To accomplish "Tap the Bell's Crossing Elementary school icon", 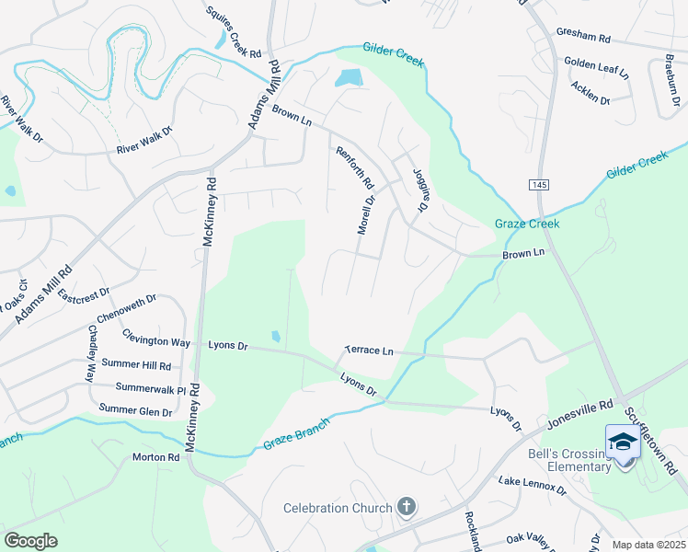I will pyautogui.click(x=623, y=442).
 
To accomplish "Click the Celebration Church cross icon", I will pyautogui.click(x=406, y=507).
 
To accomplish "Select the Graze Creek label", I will pyautogui.click(x=527, y=224).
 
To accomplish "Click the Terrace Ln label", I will pyautogui.click(x=369, y=351).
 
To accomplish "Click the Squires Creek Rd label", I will pyautogui.click(x=235, y=30).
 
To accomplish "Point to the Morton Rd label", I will pyautogui.click(x=155, y=457).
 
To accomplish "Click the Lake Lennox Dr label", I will pyautogui.click(x=533, y=487).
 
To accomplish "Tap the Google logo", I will pyautogui.click(x=30, y=541).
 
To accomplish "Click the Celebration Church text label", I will pyautogui.click(x=338, y=508).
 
